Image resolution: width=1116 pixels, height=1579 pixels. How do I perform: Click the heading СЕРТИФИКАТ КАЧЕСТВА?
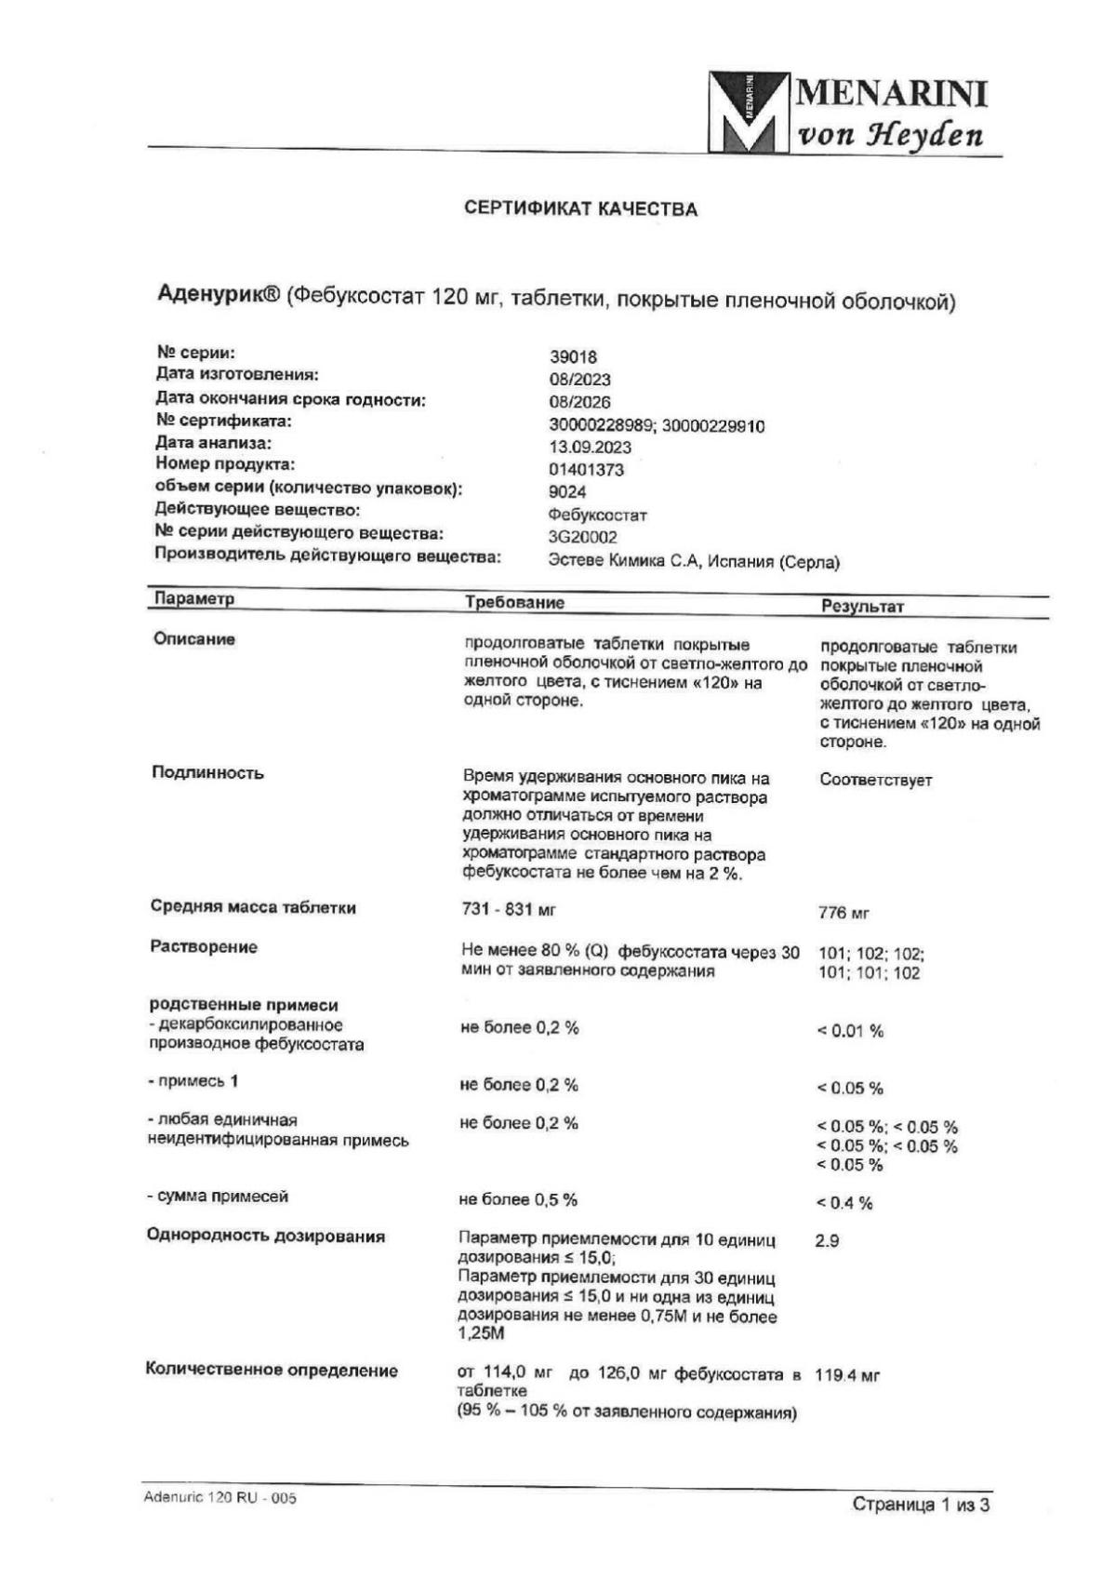click(580, 209)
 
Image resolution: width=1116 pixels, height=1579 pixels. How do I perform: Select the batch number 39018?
click(573, 357)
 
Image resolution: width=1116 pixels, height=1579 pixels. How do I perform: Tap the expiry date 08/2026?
click(579, 403)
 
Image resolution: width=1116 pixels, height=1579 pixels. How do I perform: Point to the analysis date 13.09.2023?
click(590, 448)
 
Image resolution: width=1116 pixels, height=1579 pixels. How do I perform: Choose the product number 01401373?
click(586, 470)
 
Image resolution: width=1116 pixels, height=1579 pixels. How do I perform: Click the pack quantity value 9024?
click(567, 492)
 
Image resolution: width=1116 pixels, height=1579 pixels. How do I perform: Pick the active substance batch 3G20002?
click(582, 538)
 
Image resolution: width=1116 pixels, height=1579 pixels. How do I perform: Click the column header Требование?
click(514, 603)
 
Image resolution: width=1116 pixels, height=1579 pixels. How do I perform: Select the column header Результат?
click(862, 607)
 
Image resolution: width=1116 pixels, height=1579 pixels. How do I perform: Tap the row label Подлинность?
click(207, 773)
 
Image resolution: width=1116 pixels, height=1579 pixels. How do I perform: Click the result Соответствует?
click(875, 781)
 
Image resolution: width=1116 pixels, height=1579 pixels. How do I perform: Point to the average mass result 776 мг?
click(844, 914)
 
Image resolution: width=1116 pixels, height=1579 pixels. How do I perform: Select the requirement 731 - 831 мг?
click(509, 909)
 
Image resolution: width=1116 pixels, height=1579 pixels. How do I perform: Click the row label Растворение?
click(204, 947)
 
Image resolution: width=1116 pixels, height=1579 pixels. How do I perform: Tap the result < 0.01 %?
click(850, 1031)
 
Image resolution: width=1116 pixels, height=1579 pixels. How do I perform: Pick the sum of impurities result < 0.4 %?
click(844, 1203)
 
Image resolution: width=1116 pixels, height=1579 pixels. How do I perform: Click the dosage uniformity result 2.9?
click(827, 1241)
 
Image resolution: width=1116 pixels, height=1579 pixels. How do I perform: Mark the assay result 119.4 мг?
click(846, 1375)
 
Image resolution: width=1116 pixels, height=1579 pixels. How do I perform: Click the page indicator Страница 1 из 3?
click(921, 1505)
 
